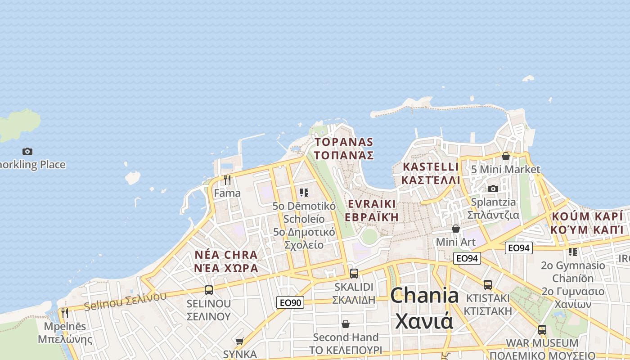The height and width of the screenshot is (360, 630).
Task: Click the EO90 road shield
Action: (290, 303)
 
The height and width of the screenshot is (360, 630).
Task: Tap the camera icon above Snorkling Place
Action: (27, 151)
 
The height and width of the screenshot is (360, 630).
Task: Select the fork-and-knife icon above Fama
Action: (227, 180)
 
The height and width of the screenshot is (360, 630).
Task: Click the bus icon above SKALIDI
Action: (354, 273)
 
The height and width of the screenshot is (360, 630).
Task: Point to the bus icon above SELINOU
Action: (208, 290)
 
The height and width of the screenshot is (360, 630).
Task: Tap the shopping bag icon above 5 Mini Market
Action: (506, 156)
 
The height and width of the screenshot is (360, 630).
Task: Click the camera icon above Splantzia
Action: (493, 189)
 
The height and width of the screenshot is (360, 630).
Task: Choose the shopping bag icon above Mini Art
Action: (456, 229)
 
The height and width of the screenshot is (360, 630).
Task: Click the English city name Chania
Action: (424, 296)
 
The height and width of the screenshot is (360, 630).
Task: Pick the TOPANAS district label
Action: (344, 142)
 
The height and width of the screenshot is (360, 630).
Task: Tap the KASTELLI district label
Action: (431, 166)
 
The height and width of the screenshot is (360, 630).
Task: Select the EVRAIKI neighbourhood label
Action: (372, 204)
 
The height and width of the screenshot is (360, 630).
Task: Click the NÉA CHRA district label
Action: (226, 255)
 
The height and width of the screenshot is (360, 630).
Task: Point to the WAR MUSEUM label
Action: (542, 343)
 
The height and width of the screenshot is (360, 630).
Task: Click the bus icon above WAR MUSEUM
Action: (542, 329)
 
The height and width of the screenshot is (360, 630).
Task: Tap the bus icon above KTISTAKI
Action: (488, 284)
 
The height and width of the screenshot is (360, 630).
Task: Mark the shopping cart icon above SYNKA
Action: (239, 342)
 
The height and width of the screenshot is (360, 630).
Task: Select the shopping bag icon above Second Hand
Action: (346, 324)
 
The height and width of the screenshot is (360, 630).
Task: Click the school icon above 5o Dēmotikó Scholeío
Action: (304, 193)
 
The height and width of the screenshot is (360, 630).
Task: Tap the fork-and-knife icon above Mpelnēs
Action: (65, 313)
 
